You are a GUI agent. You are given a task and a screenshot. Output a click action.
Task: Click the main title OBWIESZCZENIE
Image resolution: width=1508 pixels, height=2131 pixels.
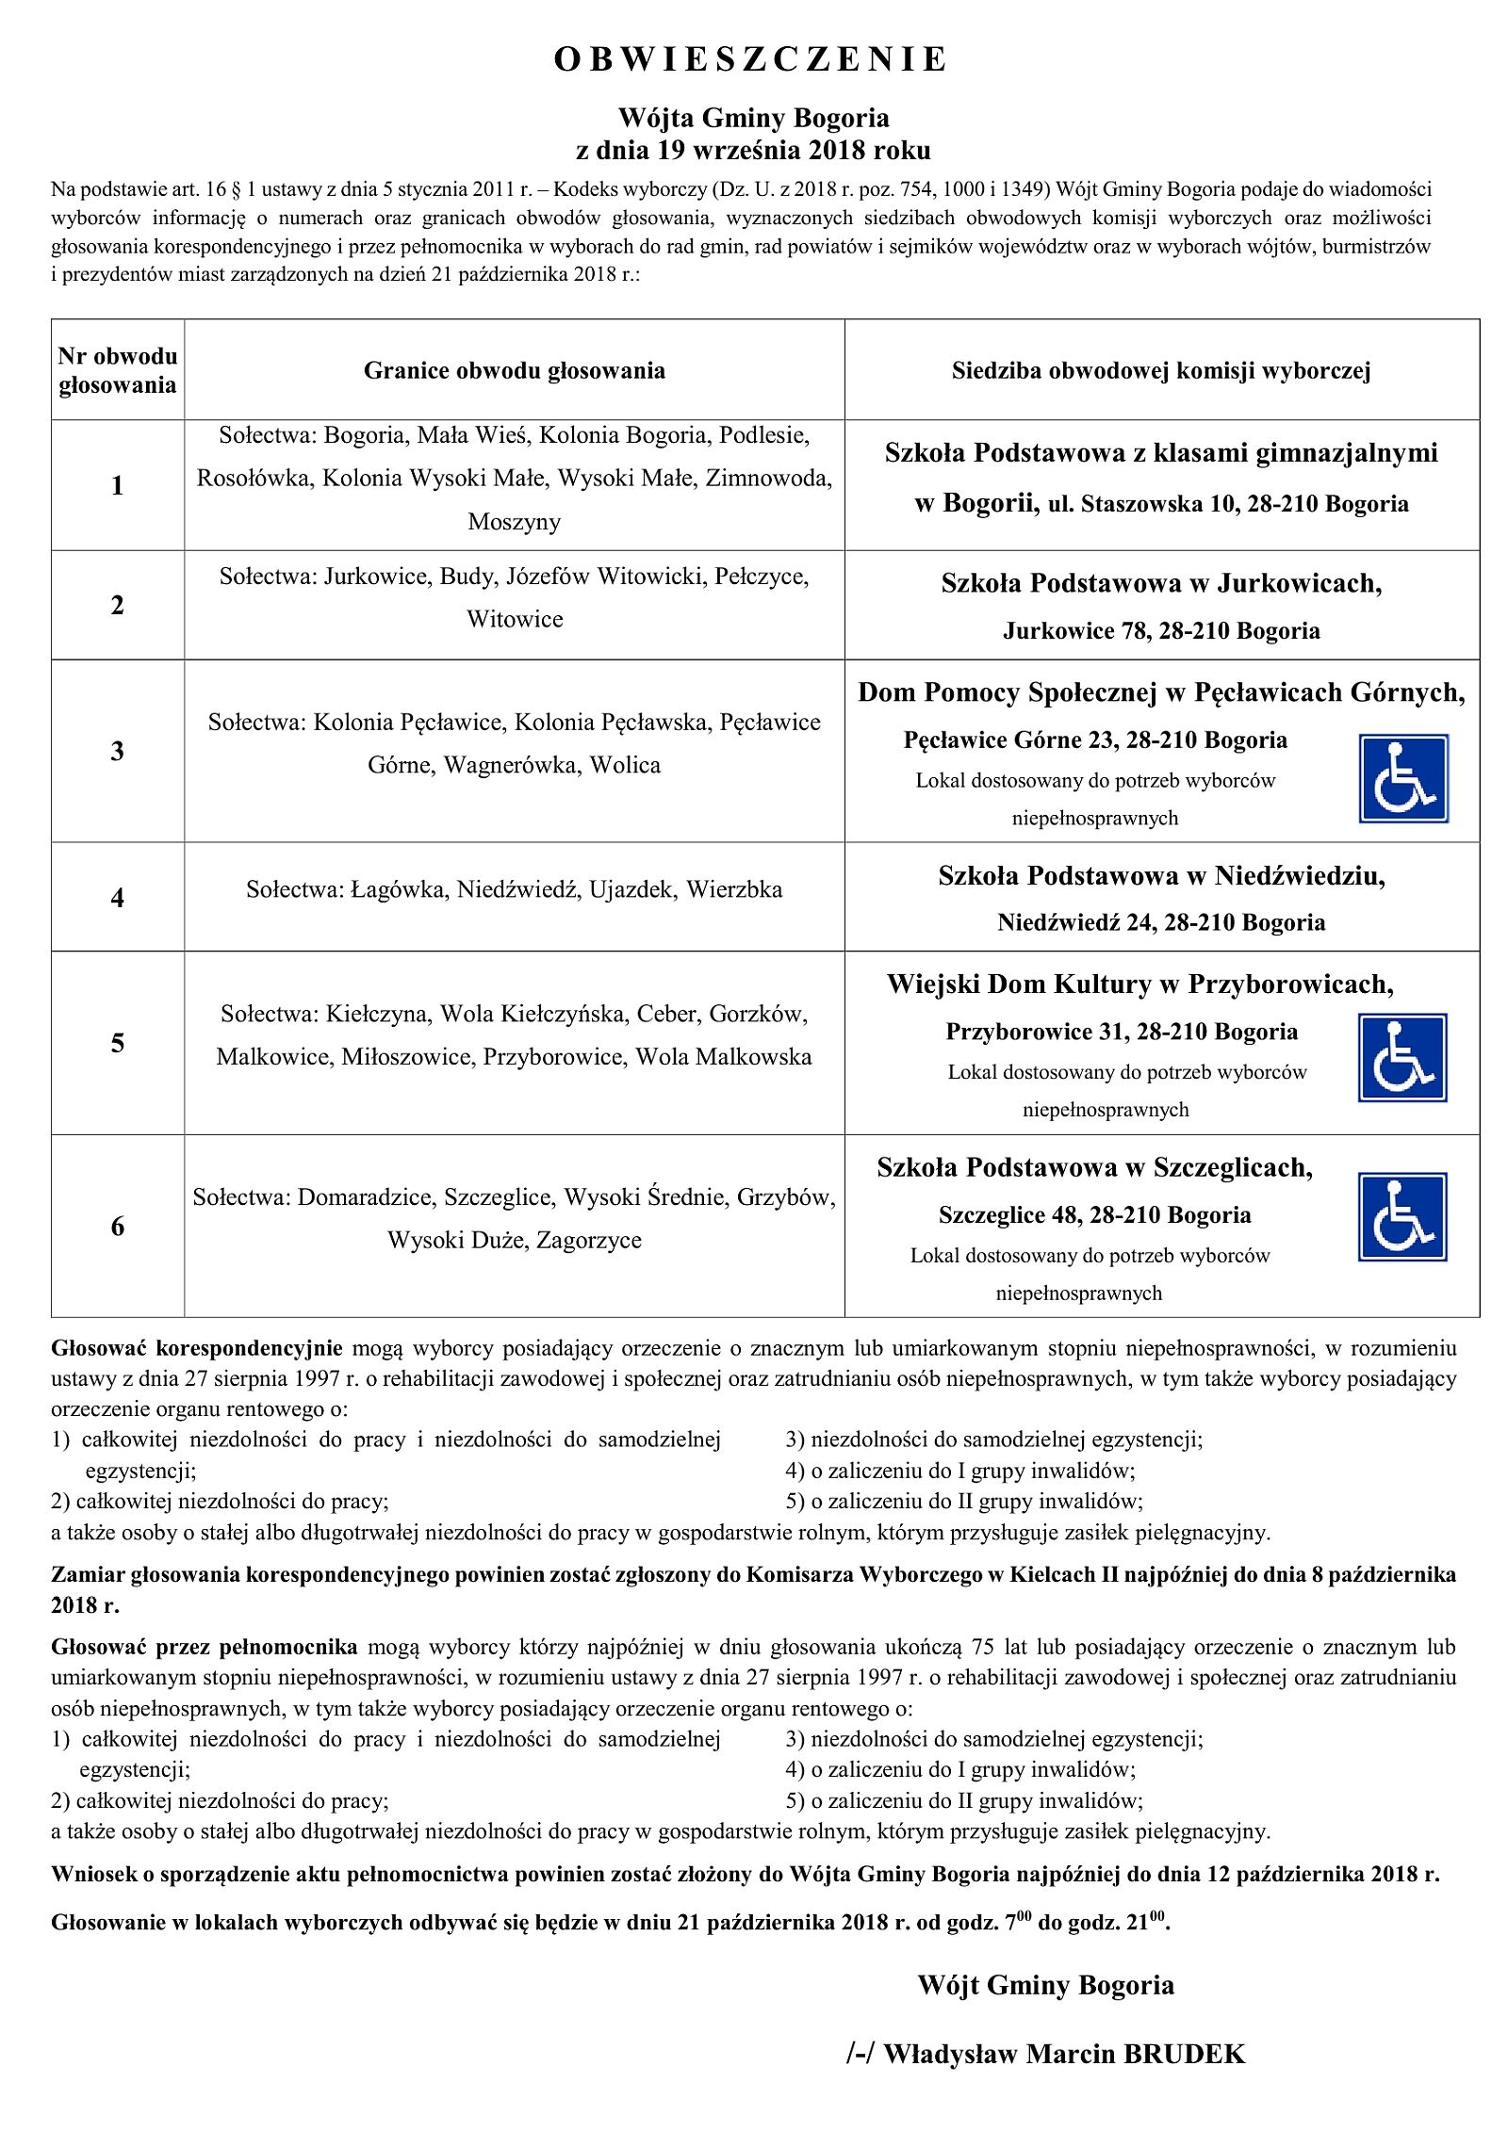(x=750, y=60)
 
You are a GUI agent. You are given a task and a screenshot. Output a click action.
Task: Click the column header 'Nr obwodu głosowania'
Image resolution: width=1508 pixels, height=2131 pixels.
(x=117, y=370)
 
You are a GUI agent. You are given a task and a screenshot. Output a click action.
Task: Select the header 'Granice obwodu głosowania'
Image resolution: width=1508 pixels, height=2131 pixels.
(x=514, y=371)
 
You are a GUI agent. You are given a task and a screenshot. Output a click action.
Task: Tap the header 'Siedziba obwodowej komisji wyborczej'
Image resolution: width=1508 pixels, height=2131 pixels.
(x=1160, y=371)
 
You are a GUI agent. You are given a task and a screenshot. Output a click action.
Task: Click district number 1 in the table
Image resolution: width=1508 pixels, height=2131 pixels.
(x=117, y=486)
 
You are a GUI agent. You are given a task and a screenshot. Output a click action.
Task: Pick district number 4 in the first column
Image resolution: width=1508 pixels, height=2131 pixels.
(x=117, y=898)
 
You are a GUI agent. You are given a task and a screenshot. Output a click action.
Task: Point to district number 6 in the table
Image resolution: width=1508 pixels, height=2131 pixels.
(x=117, y=1226)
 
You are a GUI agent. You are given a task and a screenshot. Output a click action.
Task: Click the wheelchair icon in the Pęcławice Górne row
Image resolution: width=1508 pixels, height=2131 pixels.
(x=1402, y=779)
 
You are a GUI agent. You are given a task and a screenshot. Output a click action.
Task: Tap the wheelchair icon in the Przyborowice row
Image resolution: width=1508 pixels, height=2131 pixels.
(x=1401, y=1057)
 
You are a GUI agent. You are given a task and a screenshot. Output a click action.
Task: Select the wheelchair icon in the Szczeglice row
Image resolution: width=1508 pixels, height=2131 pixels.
(x=1401, y=1216)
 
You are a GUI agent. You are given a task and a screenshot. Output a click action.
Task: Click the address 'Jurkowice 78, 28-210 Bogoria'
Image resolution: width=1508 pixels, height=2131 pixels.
(x=1160, y=631)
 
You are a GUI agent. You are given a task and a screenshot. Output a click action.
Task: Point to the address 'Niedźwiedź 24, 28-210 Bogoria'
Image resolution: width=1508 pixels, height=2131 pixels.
(x=1160, y=922)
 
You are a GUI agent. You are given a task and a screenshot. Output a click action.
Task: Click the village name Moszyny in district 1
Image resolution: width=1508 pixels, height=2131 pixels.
(x=514, y=522)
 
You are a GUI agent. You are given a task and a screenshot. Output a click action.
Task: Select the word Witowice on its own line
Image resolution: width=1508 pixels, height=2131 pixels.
(x=515, y=620)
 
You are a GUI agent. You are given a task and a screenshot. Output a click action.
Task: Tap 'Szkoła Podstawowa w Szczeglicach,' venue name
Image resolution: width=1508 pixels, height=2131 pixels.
(x=1094, y=1168)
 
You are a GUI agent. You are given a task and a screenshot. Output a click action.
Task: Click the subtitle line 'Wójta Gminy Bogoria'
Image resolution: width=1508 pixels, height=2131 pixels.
(x=753, y=119)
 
